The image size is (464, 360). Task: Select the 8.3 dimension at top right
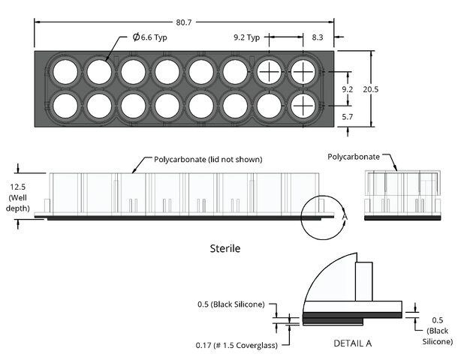(x=318, y=35)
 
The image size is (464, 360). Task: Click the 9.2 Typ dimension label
(x=246, y=36)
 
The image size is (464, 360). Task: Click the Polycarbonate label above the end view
(x=353, y=156)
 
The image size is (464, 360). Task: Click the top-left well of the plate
(x=65, y=72)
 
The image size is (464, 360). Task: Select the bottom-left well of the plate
(x=65, y=105)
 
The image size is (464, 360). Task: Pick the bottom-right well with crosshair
(x=303, y=105)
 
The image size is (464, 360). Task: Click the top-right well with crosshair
(x=303, y=72)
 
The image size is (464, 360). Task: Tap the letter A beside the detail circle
(x=345, y=216)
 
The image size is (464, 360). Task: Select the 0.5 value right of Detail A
(x=437, y=309)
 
